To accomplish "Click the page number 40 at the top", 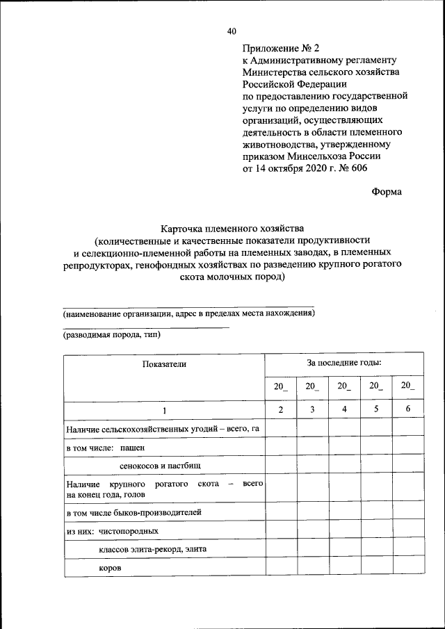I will tap(232, 31).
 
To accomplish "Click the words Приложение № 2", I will tap(280, 48).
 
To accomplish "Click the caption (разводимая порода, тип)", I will tap(112, 334).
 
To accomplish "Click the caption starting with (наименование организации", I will tap(189, 313).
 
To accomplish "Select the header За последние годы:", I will tap(344, 363).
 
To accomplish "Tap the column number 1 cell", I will tap(165, 410).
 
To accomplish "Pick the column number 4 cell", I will tap(344, 409).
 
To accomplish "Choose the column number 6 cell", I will tap(408, 409).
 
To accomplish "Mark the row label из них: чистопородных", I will tap(113, 531).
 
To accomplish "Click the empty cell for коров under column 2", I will tap(280, 567).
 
